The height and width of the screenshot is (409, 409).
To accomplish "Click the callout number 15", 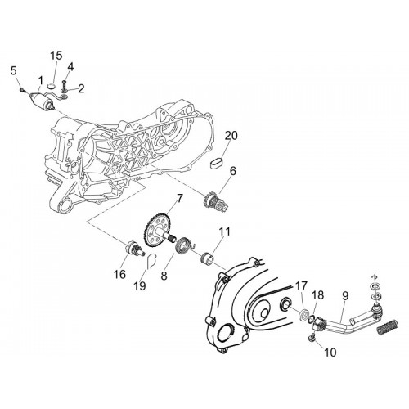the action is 56,56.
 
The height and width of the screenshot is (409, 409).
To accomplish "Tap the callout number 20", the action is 231,136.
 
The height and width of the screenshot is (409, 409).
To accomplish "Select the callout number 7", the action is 179,198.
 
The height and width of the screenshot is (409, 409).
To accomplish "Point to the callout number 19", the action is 140,286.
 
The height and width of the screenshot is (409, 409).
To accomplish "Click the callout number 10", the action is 330,353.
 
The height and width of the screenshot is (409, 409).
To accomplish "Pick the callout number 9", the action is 345,296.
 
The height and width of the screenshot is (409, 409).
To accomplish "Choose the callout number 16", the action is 119,274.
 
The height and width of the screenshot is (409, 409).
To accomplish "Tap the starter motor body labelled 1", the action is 40,99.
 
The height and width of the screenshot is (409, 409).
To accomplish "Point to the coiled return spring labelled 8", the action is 185,245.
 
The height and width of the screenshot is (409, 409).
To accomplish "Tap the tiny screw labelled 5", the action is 22,89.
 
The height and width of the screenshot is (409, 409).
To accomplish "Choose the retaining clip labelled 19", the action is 151,261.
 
